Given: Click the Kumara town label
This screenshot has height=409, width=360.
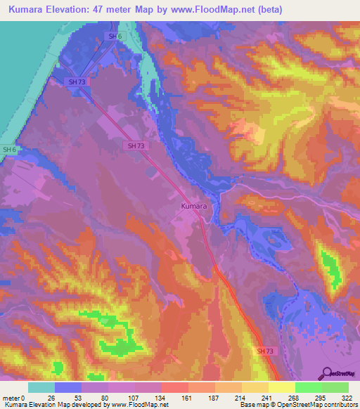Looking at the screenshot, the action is [x=194, y=207].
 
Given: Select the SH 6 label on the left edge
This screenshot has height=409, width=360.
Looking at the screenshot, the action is [x=8, y=150].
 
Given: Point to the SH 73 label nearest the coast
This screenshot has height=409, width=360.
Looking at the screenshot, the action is [x=77, y=82].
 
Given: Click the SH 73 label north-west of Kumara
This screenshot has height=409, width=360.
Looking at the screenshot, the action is [x=136, y=145].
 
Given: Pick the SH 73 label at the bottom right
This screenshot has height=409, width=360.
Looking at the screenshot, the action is [x=264, y=351].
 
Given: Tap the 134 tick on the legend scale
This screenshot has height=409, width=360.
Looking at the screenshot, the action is [x=163, y=397].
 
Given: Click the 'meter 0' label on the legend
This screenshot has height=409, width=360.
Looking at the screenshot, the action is [x=13, y=397].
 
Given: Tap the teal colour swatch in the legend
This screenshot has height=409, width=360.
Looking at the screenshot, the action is [x=41, y=387].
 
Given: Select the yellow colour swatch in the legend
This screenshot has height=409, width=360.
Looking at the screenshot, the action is [x=281, y=387].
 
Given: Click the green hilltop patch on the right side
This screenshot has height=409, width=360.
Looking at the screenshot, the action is [x=329, y=267].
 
